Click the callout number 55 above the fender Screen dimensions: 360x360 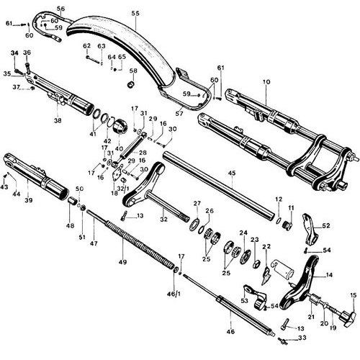pos(135,13)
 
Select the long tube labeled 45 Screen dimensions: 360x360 pos(219,185)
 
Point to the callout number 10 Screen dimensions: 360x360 pos(266,82)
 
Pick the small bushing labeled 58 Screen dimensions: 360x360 pos(131,84)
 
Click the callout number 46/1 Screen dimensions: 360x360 pos(174,294)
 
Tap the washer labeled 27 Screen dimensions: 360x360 pos(194,224)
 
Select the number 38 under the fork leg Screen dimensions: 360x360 pos(58,120)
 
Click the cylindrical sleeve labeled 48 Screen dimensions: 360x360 pos(71,201)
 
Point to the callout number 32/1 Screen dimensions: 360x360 pos(123,189)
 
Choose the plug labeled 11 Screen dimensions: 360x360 pos(287,225)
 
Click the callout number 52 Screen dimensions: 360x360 pos(326,225)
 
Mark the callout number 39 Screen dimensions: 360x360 pos(28,200)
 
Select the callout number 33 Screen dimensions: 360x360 pos(302,338)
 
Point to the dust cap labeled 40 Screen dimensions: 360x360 pos(120,126)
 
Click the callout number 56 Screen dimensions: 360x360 pos(60,9)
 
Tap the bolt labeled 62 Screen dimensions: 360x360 pos(93,60)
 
